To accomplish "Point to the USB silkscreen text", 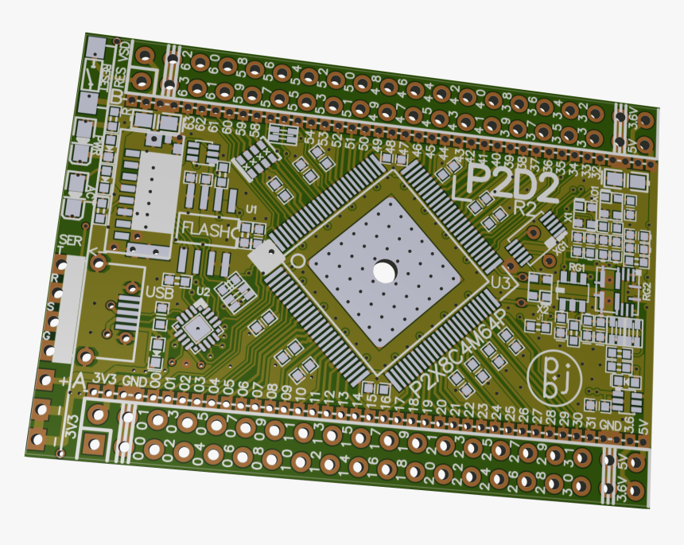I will click(x=160, y=292).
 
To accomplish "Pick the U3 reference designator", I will click(x=502, y=282).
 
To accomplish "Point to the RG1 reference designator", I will click(x=577, y=269).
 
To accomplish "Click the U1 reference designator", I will click(x=252, y=208).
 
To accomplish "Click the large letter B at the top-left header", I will click(x=117, y=95).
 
